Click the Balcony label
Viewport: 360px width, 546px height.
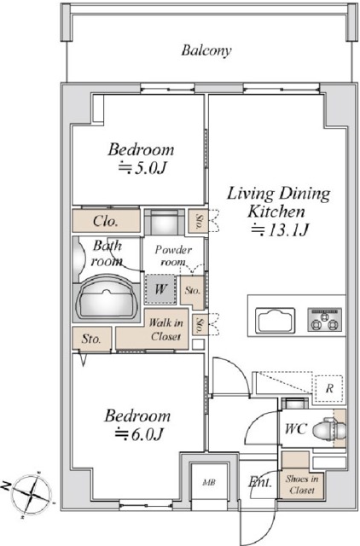[206, 51]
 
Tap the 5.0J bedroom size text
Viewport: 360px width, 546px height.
[142, 168]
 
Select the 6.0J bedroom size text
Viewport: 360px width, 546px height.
[139, 434]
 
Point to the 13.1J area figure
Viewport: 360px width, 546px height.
[281, 229]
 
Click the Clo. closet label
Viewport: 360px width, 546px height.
[106, 221]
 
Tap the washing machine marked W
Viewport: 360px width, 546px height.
[160, 289]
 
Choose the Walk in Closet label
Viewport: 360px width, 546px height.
[165, 329]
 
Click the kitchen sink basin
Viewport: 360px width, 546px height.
[275, 320]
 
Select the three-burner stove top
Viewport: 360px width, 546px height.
[324, 319]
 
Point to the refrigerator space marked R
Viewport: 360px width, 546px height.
[329, 388]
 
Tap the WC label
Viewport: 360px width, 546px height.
[295, 428]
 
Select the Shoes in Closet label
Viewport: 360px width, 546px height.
[302, 485]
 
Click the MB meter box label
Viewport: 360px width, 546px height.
[209, 483]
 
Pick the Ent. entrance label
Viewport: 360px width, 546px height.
[260, 482]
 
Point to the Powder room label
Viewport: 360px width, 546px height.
[173, 256]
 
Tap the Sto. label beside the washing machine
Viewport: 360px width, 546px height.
[193, 290]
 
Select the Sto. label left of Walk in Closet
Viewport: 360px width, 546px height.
[91, 339]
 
